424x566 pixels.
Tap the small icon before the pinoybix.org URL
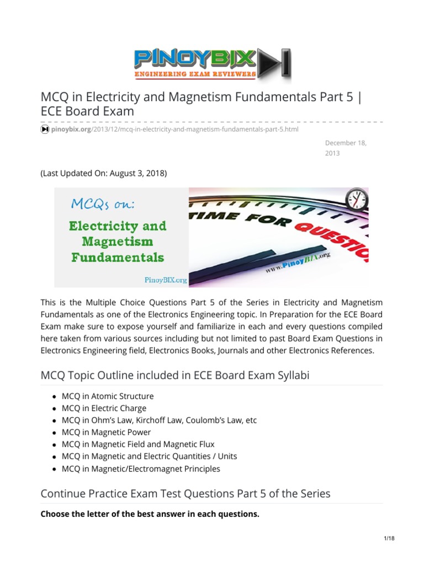click(x=45, y=129)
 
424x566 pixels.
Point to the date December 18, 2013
click(x=345, y=148)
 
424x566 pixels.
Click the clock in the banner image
click(x=356, y=200)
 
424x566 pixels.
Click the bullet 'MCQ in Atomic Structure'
click(x=108, y=396)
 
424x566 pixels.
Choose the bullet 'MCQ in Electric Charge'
click(x=104, y=408)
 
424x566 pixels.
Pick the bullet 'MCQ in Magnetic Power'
click(x=106, y=432)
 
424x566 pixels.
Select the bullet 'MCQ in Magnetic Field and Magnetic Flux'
click(x=138, y=444)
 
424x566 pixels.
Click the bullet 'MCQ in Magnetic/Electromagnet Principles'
click(x=141, y=469)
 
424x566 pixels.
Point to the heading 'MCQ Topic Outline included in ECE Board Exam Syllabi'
click(x=175, y=375)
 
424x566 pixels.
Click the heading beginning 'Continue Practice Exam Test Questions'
click(x=185, y=493)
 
